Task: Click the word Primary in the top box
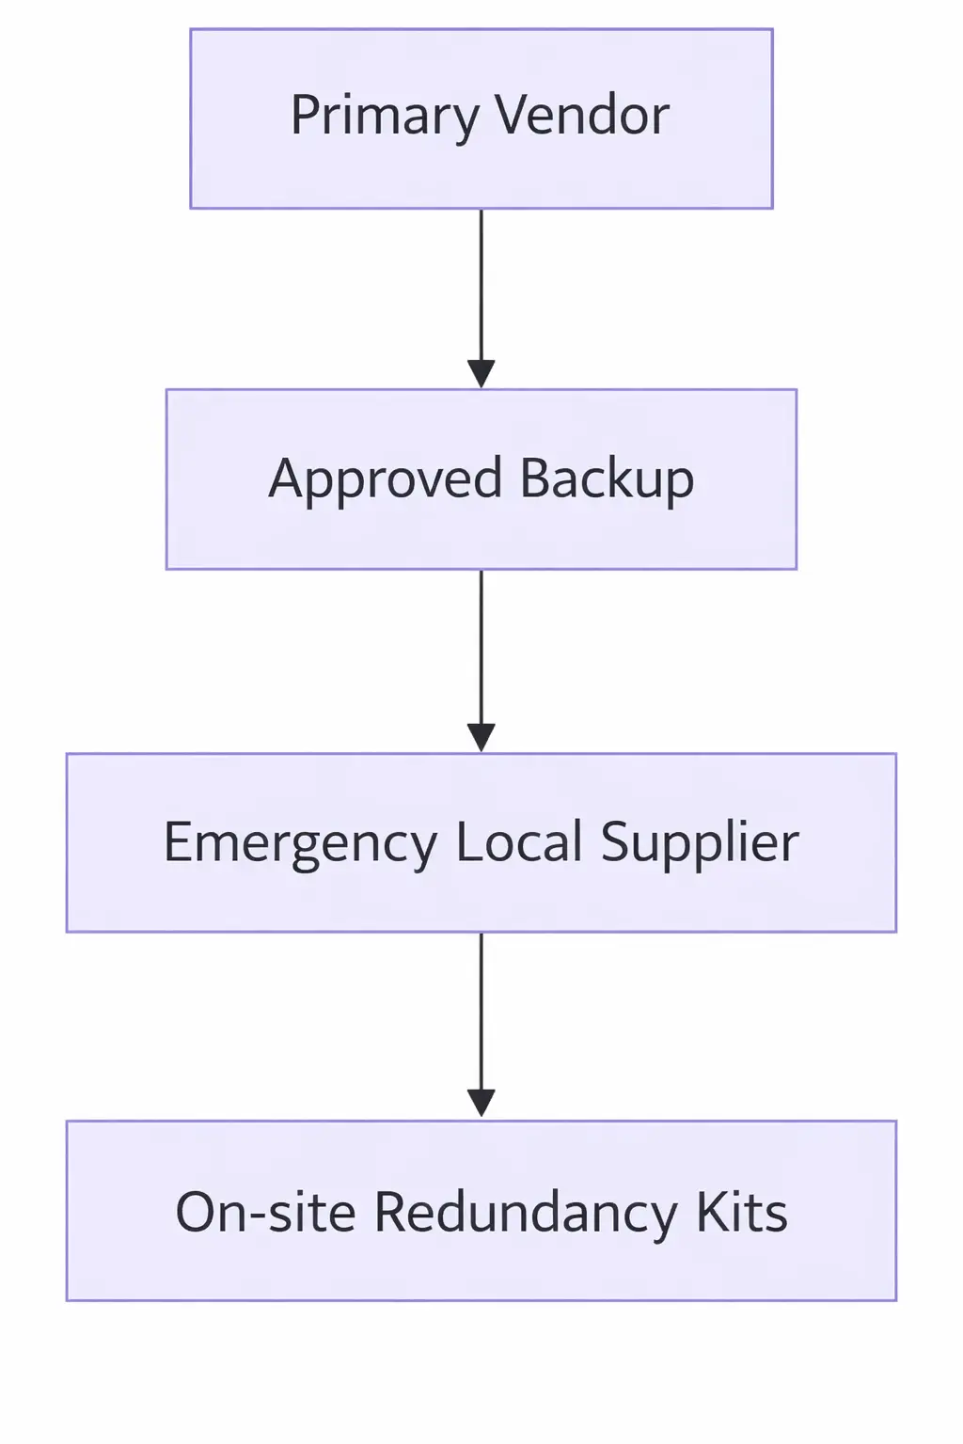coord(384,118)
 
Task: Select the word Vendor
coord(582,116)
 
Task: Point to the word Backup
coord(607,479)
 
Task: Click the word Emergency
coord(300,843)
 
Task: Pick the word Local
coord(519,841)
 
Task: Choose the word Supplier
coord(700,843)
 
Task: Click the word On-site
coord(265,1212)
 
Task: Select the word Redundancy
coord(526,1213)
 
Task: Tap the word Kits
coord(741,1212)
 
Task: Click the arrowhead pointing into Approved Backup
coord(481,374)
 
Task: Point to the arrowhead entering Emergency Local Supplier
coord(481,738)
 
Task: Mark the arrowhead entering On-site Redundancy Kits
coord(481,1103)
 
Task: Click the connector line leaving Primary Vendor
coord(481,282)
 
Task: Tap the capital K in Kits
coord(708,1212)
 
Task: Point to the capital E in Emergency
coord(178,841)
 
